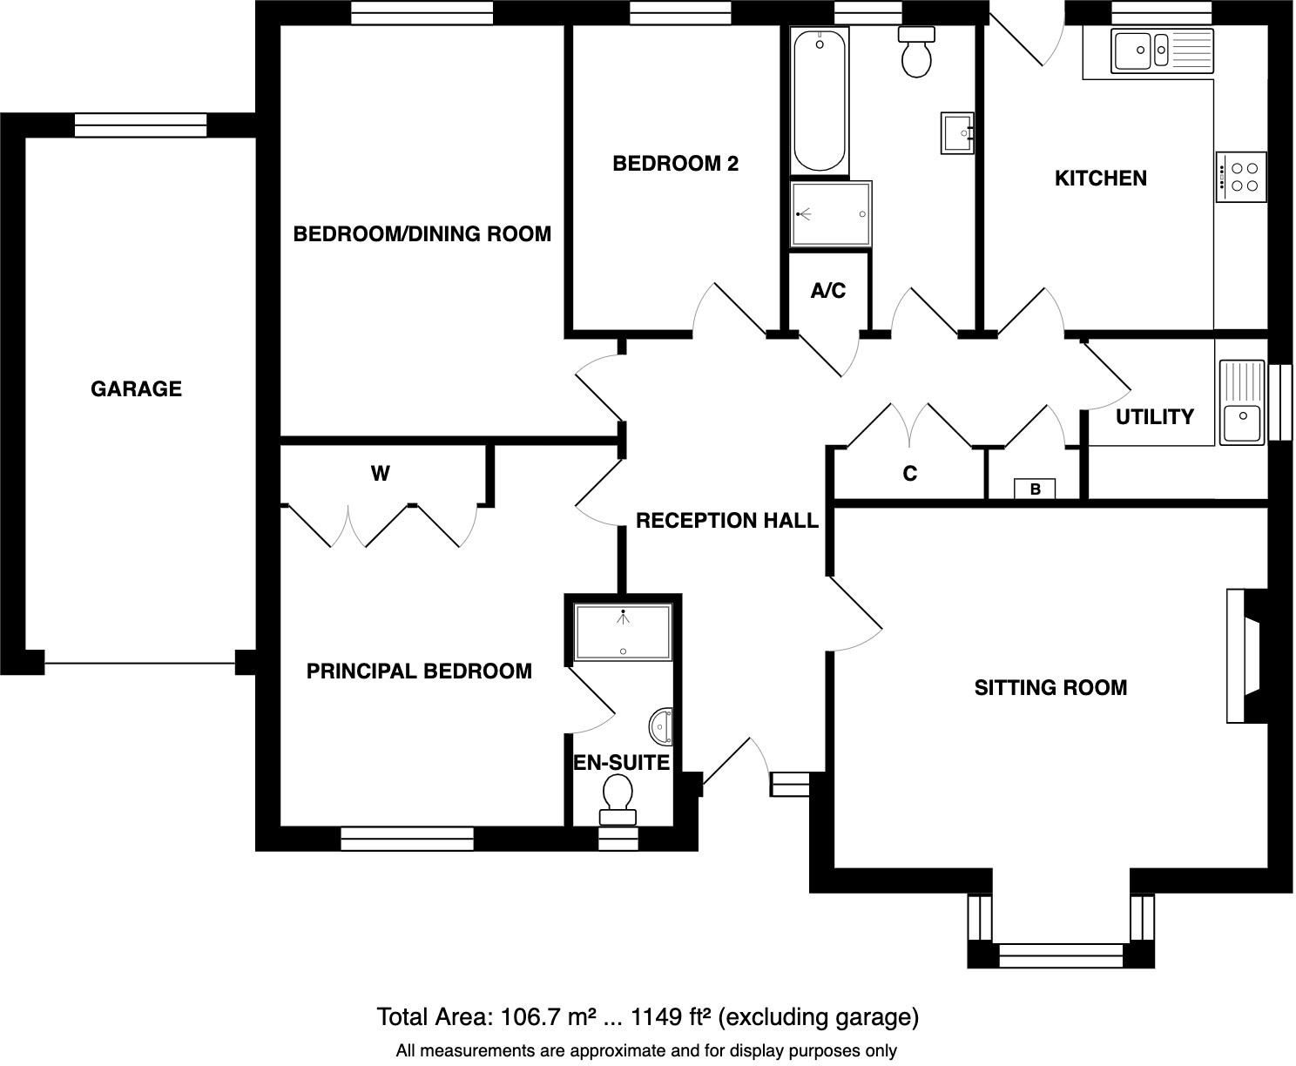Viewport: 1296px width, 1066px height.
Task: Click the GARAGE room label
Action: coord(136,388)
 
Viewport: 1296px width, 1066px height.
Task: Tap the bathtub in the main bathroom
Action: coord(819,100)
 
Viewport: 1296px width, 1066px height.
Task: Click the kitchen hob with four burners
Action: coord(1241,177)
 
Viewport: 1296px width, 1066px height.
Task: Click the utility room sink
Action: coord(1241,422)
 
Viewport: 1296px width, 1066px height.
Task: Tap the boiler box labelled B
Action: coord(1035,489)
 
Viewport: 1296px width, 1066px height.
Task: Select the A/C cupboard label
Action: coord(827,291)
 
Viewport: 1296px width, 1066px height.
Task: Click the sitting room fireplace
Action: coord(1245,656)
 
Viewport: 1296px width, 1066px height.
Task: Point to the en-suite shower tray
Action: coord(623,632)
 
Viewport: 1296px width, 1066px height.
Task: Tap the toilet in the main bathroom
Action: coord(916,52)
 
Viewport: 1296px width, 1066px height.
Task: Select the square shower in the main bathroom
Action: coord(830,214)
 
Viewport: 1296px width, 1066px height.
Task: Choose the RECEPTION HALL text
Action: coord(726,521)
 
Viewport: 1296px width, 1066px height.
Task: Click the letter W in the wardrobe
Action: coord(380,474)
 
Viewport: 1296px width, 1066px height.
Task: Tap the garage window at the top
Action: coord(140,125)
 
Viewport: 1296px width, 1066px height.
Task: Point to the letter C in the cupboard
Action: coord(909,474)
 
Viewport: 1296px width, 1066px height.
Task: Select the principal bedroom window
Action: coord(407,839)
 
